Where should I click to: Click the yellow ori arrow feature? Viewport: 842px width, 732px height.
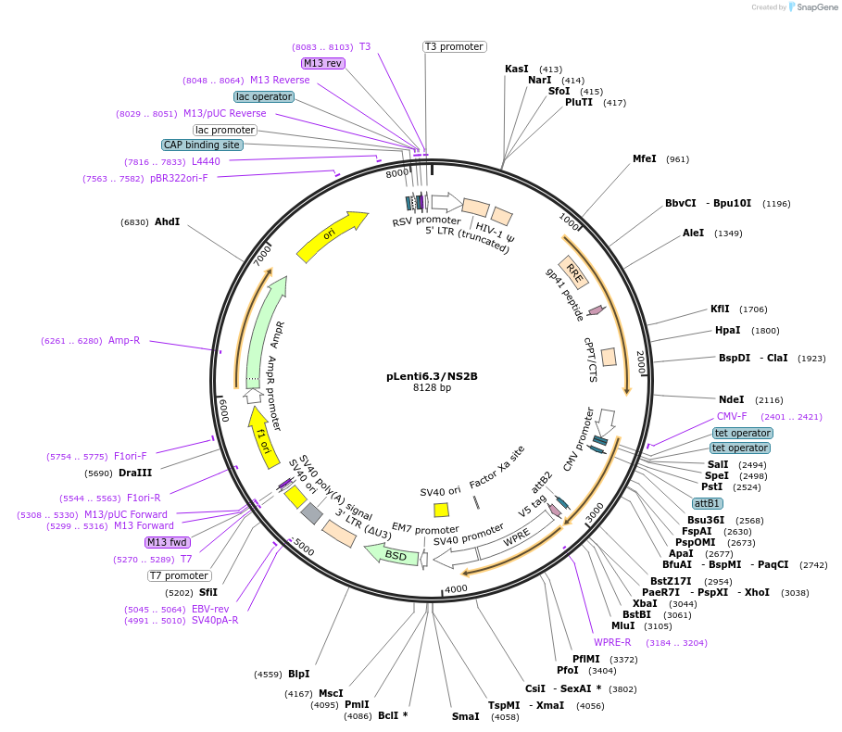332,237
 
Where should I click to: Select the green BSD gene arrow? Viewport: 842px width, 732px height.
390,554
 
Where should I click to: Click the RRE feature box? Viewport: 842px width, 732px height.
573,272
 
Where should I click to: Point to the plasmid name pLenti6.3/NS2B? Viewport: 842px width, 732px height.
432,376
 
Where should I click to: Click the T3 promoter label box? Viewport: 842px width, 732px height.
455,46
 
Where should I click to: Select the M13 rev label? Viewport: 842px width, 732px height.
323,63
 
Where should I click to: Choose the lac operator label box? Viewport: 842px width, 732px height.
264,96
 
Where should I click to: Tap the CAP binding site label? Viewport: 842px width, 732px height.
203,145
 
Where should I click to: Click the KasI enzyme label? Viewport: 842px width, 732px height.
517,69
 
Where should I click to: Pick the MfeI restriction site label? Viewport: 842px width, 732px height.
645,158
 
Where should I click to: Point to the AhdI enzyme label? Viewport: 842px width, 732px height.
168,221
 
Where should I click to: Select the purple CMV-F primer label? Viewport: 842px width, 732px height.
732,416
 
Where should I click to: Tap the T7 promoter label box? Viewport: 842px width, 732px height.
179,575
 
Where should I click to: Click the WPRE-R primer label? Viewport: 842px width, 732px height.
612,642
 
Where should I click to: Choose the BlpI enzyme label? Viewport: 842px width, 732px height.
299,674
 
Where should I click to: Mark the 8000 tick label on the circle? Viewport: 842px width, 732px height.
396,173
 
